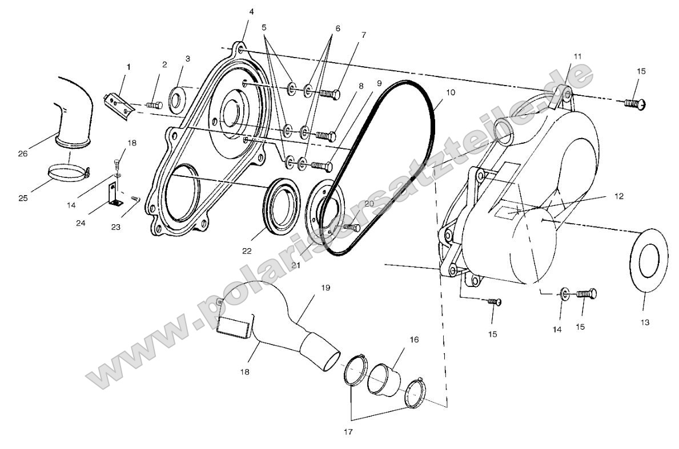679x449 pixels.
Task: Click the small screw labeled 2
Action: (153, 104)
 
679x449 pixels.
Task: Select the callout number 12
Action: (619, 196)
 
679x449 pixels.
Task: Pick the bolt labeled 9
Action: (321, 165)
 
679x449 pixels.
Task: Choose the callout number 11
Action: (578, 56)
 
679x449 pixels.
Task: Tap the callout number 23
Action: (116, 226)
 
